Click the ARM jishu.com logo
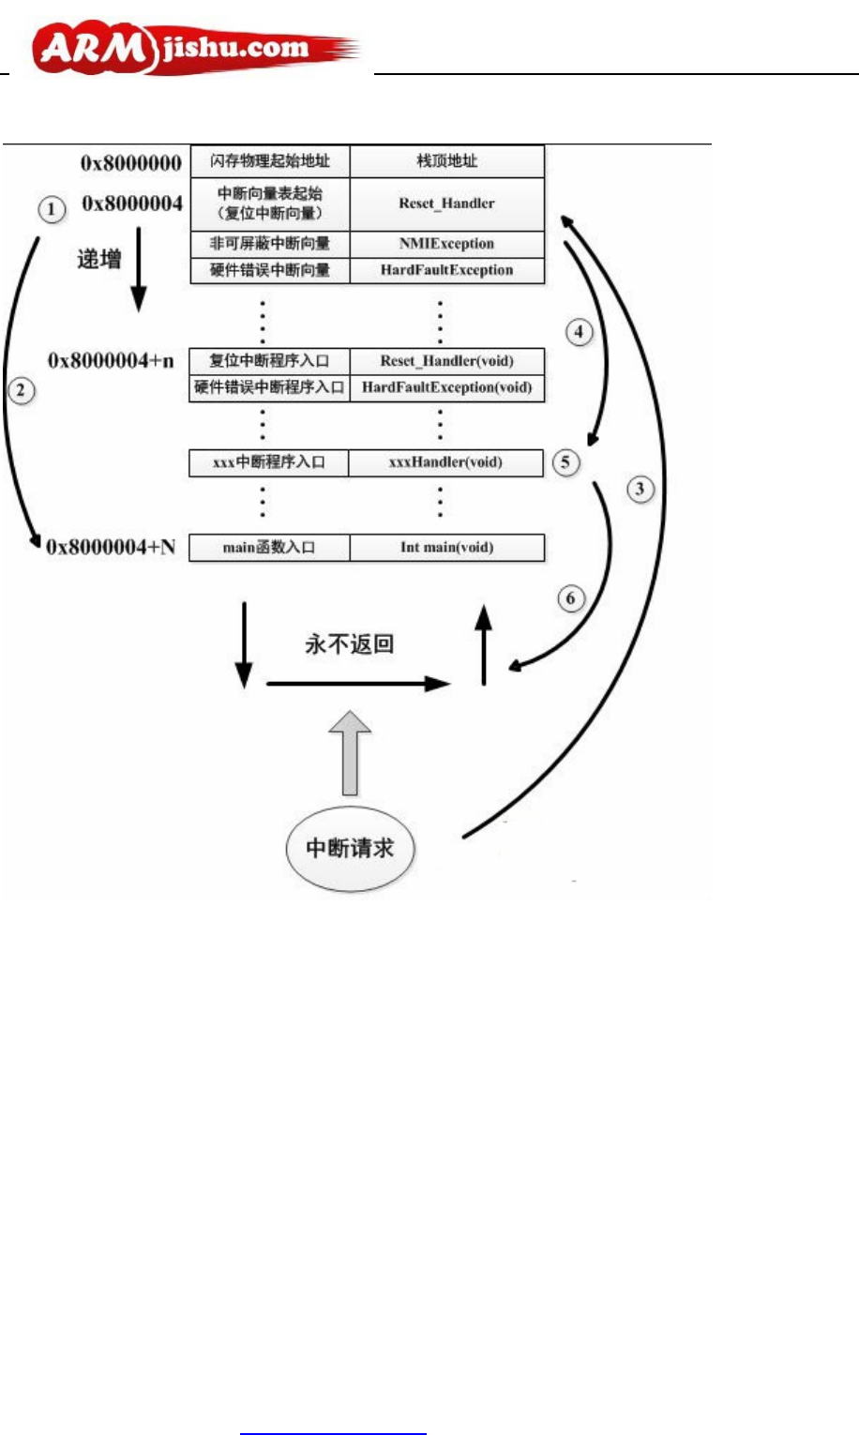coord(195,49)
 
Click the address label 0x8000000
coord(130,163)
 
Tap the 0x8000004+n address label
coord(112,361)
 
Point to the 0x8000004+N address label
coord(111,547)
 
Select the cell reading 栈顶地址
coord(447,161)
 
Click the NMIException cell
coord(447,244)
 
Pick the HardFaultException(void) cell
coord(447,387)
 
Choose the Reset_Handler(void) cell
coord(447,361)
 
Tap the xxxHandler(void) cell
coord(445,462)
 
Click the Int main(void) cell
coord(447,548)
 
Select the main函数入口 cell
coord(269,548)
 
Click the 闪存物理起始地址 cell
coord(270,161)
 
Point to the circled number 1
coord(52,209)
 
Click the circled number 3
coord(640,489)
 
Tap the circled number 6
coord(571,598)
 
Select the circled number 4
coord(580,332)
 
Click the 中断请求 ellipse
coord(350,848)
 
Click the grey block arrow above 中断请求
coord(350,752)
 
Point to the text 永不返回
coord(349,644)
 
